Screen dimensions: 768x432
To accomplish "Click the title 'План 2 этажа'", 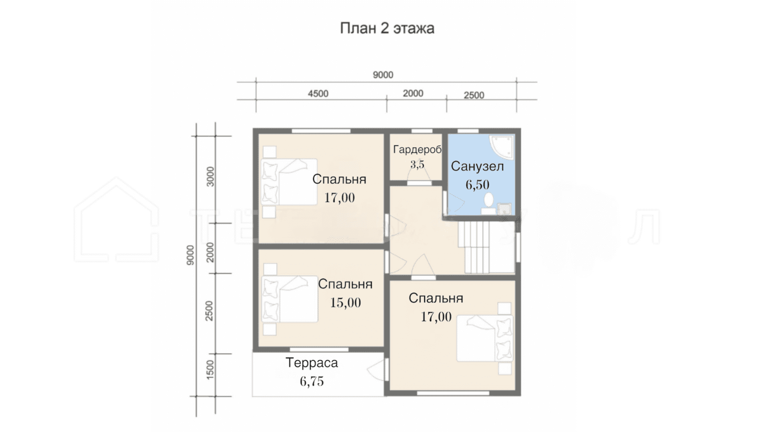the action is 387,28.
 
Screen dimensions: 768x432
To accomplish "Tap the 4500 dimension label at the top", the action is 318,94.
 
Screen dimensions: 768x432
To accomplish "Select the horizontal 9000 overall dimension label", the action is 383,75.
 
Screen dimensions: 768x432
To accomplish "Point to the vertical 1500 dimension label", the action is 210,369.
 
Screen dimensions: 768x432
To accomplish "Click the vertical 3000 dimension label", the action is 210,176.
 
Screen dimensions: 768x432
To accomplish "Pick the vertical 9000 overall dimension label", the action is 190,255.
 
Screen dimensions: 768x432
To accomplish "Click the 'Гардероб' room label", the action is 417,150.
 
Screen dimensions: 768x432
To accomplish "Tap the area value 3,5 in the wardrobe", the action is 417,165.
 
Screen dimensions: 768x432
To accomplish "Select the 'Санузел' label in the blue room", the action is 477,166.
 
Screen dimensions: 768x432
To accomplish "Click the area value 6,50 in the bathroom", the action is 477,185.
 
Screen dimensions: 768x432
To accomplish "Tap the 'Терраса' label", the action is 312,363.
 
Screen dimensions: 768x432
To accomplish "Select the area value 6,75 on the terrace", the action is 312,381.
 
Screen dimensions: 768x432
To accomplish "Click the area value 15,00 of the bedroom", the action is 346,303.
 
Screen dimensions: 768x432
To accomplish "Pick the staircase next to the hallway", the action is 486,247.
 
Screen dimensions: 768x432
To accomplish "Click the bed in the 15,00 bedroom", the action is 289,299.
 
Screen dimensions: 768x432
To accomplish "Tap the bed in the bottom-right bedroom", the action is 485,338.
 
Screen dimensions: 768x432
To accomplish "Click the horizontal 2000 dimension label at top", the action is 413,93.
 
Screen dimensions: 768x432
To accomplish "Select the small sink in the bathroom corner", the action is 504,208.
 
